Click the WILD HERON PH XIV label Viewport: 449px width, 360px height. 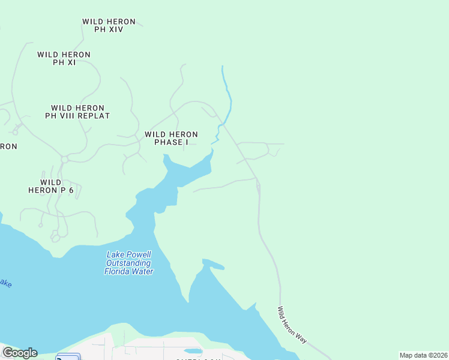[x=109, y=25]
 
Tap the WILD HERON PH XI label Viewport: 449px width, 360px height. [x=64, y=58]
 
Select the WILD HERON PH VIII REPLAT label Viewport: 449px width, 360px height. [x=77, y=112]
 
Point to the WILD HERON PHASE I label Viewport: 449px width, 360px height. [x=171, y=138]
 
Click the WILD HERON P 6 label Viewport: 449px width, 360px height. [x=50, y=186]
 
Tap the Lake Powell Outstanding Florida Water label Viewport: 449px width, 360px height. [x=129, y=263]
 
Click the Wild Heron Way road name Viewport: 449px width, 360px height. [x=292, y=325]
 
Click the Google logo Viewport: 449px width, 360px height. [x=19, y=353]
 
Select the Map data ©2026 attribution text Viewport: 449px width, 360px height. [x=423, y=355]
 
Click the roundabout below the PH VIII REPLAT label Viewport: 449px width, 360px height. [x=64, y=159]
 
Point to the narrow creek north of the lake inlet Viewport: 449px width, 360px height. [x=226, y=96]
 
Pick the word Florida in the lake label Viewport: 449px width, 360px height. [x=118, y=271]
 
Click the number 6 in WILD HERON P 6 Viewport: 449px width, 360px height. [x=71, y=190]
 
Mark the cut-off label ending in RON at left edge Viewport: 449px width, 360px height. [x=8, y=146]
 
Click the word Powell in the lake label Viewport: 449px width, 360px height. [x=139, y=254]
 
